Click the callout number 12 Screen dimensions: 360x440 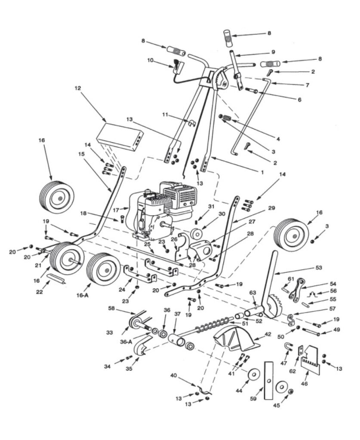click(x=77, y=88)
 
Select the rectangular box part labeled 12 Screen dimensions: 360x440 click(x=120, y=136)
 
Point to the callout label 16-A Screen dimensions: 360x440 click(x=82, y=295)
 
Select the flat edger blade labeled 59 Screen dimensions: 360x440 click(x=269, y=381)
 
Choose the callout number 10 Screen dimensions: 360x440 click(x=150, y=60)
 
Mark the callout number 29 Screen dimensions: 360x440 click(x=272, y=208)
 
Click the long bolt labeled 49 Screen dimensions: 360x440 click(x=311, y=332)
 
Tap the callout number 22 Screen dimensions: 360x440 click(x=39, y=292)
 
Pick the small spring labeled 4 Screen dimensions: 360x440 click(x=225, y=118)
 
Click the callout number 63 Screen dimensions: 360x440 click(x=253, y=292)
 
